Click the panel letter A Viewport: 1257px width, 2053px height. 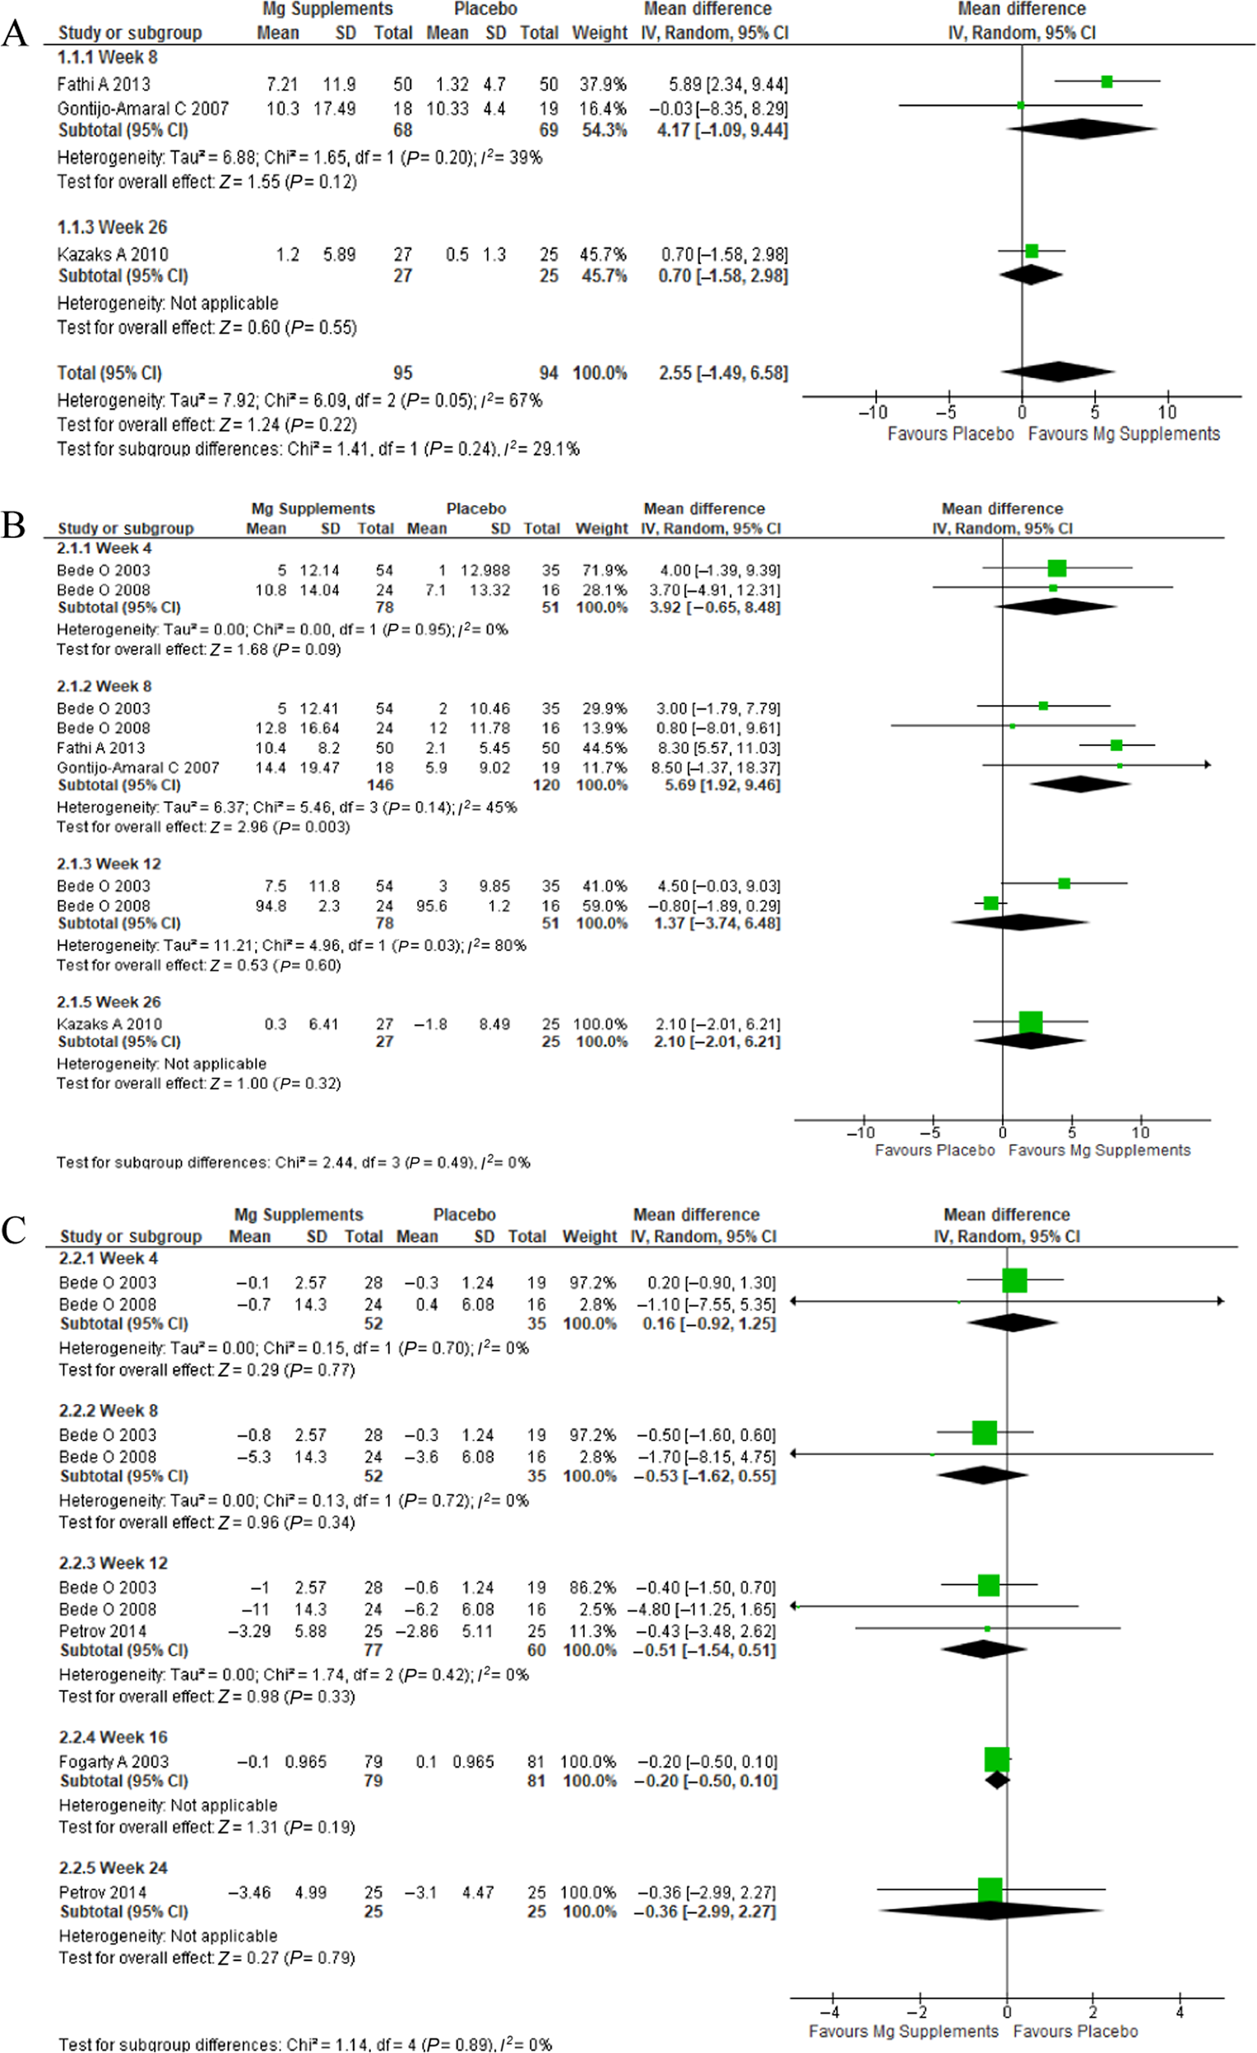pyautogui.click(x=14, y=35)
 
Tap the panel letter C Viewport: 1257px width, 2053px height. pyautogui.click(x=14, y=1230)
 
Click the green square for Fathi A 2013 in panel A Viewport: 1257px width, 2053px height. pyautogui.click(x=1107, y=81)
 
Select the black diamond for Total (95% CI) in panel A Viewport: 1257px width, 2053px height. pyautogui.click(x=1058, y=372)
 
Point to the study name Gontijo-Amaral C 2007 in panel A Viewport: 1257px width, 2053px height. pyautogui.click(x=142, y=109)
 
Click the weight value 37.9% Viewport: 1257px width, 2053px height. pyautogui.click(x=603, y=84)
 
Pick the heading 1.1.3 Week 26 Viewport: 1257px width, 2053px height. pyautogui.click(x=112, y=227)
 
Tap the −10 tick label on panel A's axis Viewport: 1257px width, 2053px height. pyautogui.click(x=873, y=411)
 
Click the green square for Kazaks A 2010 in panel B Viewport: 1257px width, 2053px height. pyautogui.click(x=1031, y=1022)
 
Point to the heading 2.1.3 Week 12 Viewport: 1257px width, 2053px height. pyautogui.click(x=109, y=864)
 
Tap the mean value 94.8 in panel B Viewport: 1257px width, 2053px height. pyautogui.click(x=271, y=906)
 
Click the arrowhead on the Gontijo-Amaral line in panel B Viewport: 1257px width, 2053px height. pyautogui.click(x=1207, y=765)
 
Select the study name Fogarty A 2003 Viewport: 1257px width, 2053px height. pyautogui.click(x=114, y=1761)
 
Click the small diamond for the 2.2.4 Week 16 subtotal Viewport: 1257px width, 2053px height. pyautogui.click(x=998, y=1781)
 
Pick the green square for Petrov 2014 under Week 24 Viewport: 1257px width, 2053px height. pyautogui.click(x=990, y=1889)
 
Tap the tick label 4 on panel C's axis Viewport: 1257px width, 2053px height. pyautogui.click(x=1180, y=2013)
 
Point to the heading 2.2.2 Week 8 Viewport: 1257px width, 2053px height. pyautogui.click(x=108, y=1411)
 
